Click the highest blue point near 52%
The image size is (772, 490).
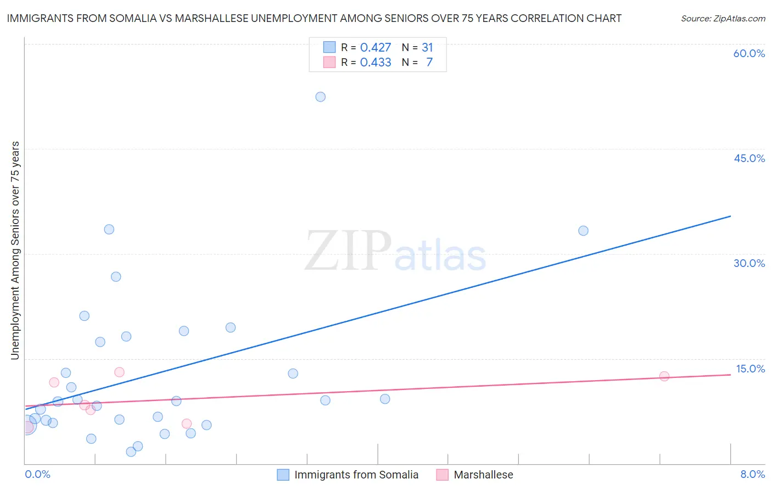[321, 97]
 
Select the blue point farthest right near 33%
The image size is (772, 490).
[583, 231]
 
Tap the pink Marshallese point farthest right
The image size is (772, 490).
[664, 376]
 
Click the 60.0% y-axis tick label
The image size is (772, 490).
[749, 53]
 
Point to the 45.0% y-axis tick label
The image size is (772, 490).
[749, 158]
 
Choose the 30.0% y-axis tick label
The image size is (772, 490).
[749, 263]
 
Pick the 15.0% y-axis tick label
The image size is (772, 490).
[750, 369]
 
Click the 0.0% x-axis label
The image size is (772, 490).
[38, 475]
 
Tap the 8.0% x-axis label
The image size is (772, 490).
[752, 475]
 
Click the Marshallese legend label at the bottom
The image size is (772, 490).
[483, 475]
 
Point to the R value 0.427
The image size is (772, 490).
[376, 48]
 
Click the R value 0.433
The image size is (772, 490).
[376, 63]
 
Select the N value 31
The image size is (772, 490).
[427, 48]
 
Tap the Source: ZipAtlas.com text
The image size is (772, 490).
[723, 19]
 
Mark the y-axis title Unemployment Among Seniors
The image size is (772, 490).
[15, 250]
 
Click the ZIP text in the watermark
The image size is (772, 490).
[348, 252]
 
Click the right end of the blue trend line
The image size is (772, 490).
[730, 216]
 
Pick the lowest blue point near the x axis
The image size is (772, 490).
[131, 452]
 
